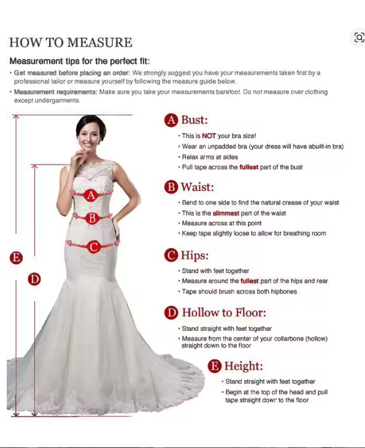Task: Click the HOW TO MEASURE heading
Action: [71, 42]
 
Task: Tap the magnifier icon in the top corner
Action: [359, 37]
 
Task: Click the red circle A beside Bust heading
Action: [171, 120]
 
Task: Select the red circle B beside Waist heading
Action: [171, 187]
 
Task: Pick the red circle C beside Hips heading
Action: [171, 255]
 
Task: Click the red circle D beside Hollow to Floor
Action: [171, 312]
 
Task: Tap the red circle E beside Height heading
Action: [215, 366]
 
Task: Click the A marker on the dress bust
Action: [91, 195]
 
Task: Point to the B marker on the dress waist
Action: [92, 218]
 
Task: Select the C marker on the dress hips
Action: [94, 247]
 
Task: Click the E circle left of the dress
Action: [16, 258]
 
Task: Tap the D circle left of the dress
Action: [34, 279]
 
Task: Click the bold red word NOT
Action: [209, 136]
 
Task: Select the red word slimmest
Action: [226, 213]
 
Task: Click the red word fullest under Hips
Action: [249, 281]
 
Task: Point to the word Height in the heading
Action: [244, 366]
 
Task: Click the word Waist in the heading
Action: [197, 187]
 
